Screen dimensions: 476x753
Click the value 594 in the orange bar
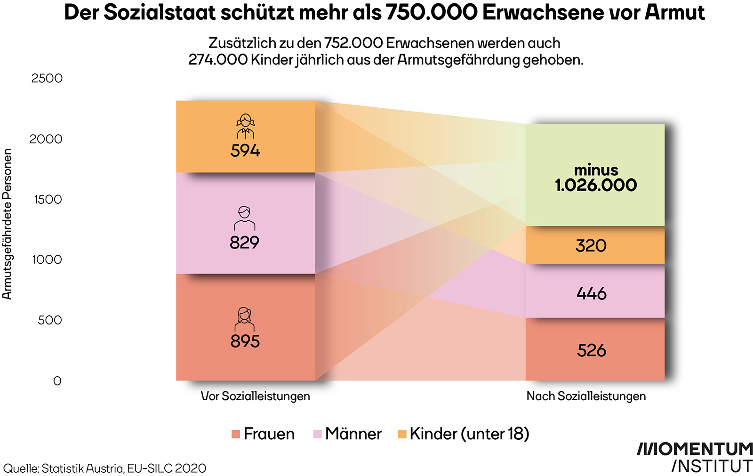click(245, 151)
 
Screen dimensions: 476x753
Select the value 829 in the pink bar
click(244, 242)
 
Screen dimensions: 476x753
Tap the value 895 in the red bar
click(245, 341)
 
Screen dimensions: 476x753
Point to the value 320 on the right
click(591, 246)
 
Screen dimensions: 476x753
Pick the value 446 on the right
click(591, 294)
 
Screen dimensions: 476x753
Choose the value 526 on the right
click(591, 351)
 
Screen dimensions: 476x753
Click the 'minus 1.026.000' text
click(596, 177)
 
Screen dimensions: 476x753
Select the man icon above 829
click(244, 218)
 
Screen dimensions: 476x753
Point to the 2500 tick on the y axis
click(47, 78)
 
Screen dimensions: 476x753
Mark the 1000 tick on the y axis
click(47, 259)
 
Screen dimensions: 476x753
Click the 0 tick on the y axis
click(57, 380)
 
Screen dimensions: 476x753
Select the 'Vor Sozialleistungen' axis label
click(255, 396)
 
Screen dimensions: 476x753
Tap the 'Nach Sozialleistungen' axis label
click(586, 396)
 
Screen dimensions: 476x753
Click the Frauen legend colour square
click(236, 434)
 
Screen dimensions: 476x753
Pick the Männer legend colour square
click(317, 434)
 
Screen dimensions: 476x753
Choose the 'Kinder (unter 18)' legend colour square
click(402, 434)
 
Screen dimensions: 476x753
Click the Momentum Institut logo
click(695, 457)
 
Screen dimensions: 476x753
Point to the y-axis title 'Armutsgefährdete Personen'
click(7, 224)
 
